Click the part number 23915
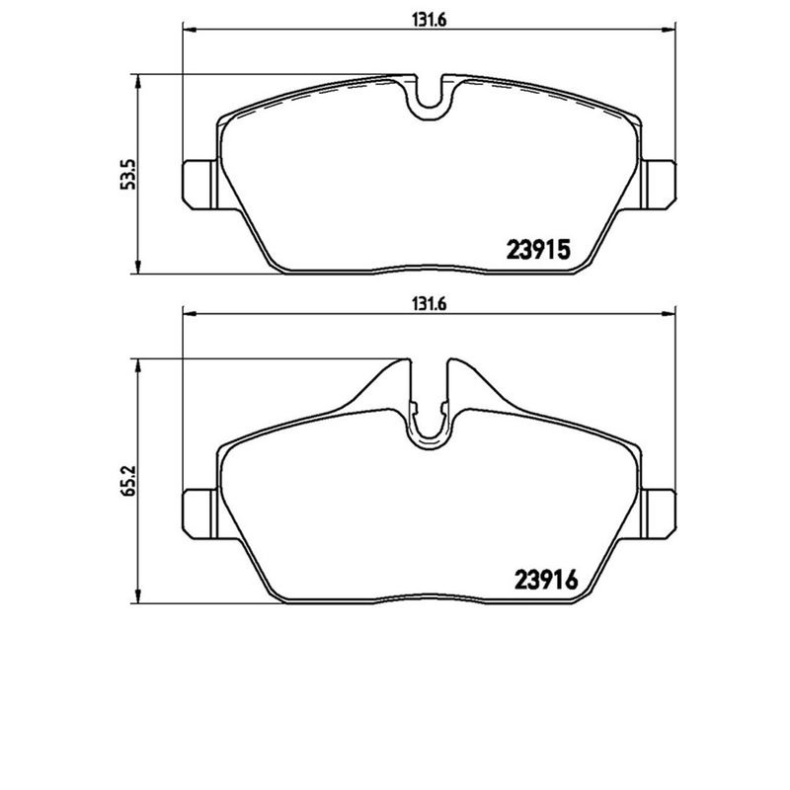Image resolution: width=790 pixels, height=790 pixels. coord(539,251)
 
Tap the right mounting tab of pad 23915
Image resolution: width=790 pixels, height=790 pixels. coord(660,183)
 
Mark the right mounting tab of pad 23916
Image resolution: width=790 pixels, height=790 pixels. coord(660,512)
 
